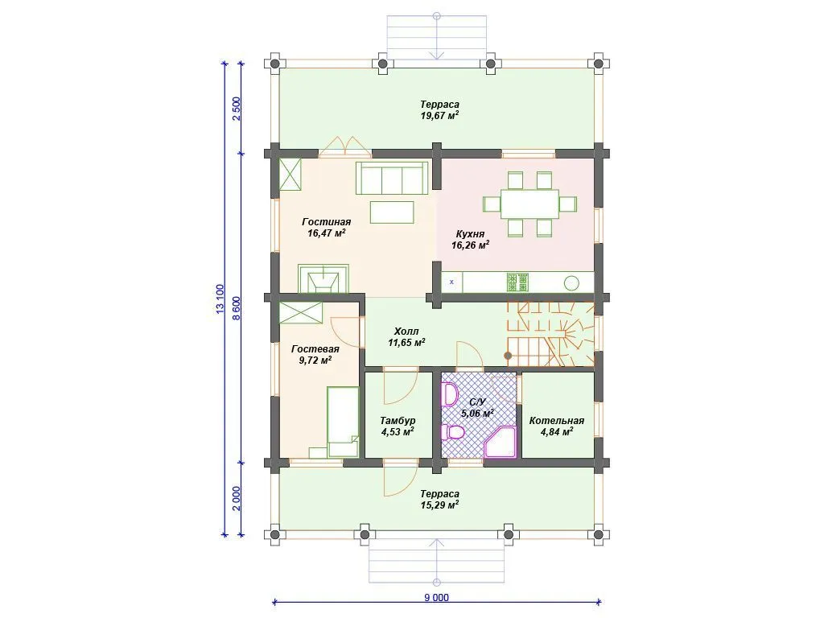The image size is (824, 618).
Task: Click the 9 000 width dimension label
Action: (437, 598)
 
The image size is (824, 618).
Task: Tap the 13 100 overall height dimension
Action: (220, 299)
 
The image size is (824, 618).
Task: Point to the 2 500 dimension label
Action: (237, 109)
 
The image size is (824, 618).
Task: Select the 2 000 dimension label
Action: (237, 498)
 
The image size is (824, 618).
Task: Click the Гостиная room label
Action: (327, 222)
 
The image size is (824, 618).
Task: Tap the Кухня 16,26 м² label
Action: (470, 239)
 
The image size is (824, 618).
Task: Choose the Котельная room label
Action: (557, 421)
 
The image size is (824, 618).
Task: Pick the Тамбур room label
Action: (398, 421)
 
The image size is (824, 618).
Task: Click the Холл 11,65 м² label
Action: (406, 337)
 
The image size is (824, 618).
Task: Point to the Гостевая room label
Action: (315, 349)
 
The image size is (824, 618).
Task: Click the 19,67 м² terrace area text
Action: (440, 116)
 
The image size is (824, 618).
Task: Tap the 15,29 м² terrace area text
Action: (440, 505)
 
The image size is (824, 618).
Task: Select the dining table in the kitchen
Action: (529, 204)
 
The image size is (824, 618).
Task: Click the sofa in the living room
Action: (392, 178)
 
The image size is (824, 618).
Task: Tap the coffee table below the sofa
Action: (392, 212)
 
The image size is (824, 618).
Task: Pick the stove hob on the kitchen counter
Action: (517, 282)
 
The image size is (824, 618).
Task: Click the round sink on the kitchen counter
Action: (571, 283)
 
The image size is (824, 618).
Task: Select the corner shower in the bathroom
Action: (501, 442)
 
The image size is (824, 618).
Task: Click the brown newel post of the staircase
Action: (508, 356)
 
